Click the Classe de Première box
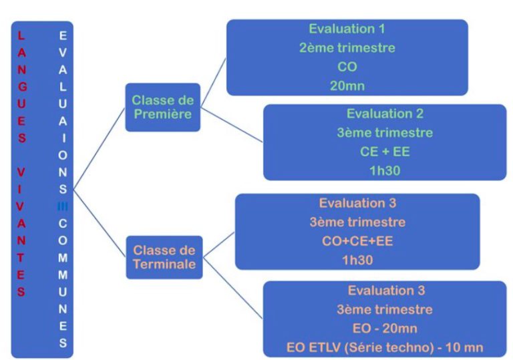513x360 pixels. [162, 107]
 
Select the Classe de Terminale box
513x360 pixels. [164, 258]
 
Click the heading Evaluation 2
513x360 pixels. [385, 114]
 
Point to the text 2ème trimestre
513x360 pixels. [346, 48]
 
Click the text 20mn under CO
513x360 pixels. [346, 86]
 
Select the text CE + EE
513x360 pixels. [385, 152]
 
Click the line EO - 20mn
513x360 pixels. [385, 329]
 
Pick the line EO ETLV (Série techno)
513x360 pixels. [385, 347]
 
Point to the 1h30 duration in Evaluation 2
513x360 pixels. [385, 170]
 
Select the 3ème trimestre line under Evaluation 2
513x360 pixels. [385, 132]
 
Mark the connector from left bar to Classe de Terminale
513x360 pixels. [100, 224]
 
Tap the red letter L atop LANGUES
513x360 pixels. [21, 34]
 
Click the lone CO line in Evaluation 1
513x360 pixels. [346, 67]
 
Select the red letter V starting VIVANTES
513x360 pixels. [21, 172]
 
